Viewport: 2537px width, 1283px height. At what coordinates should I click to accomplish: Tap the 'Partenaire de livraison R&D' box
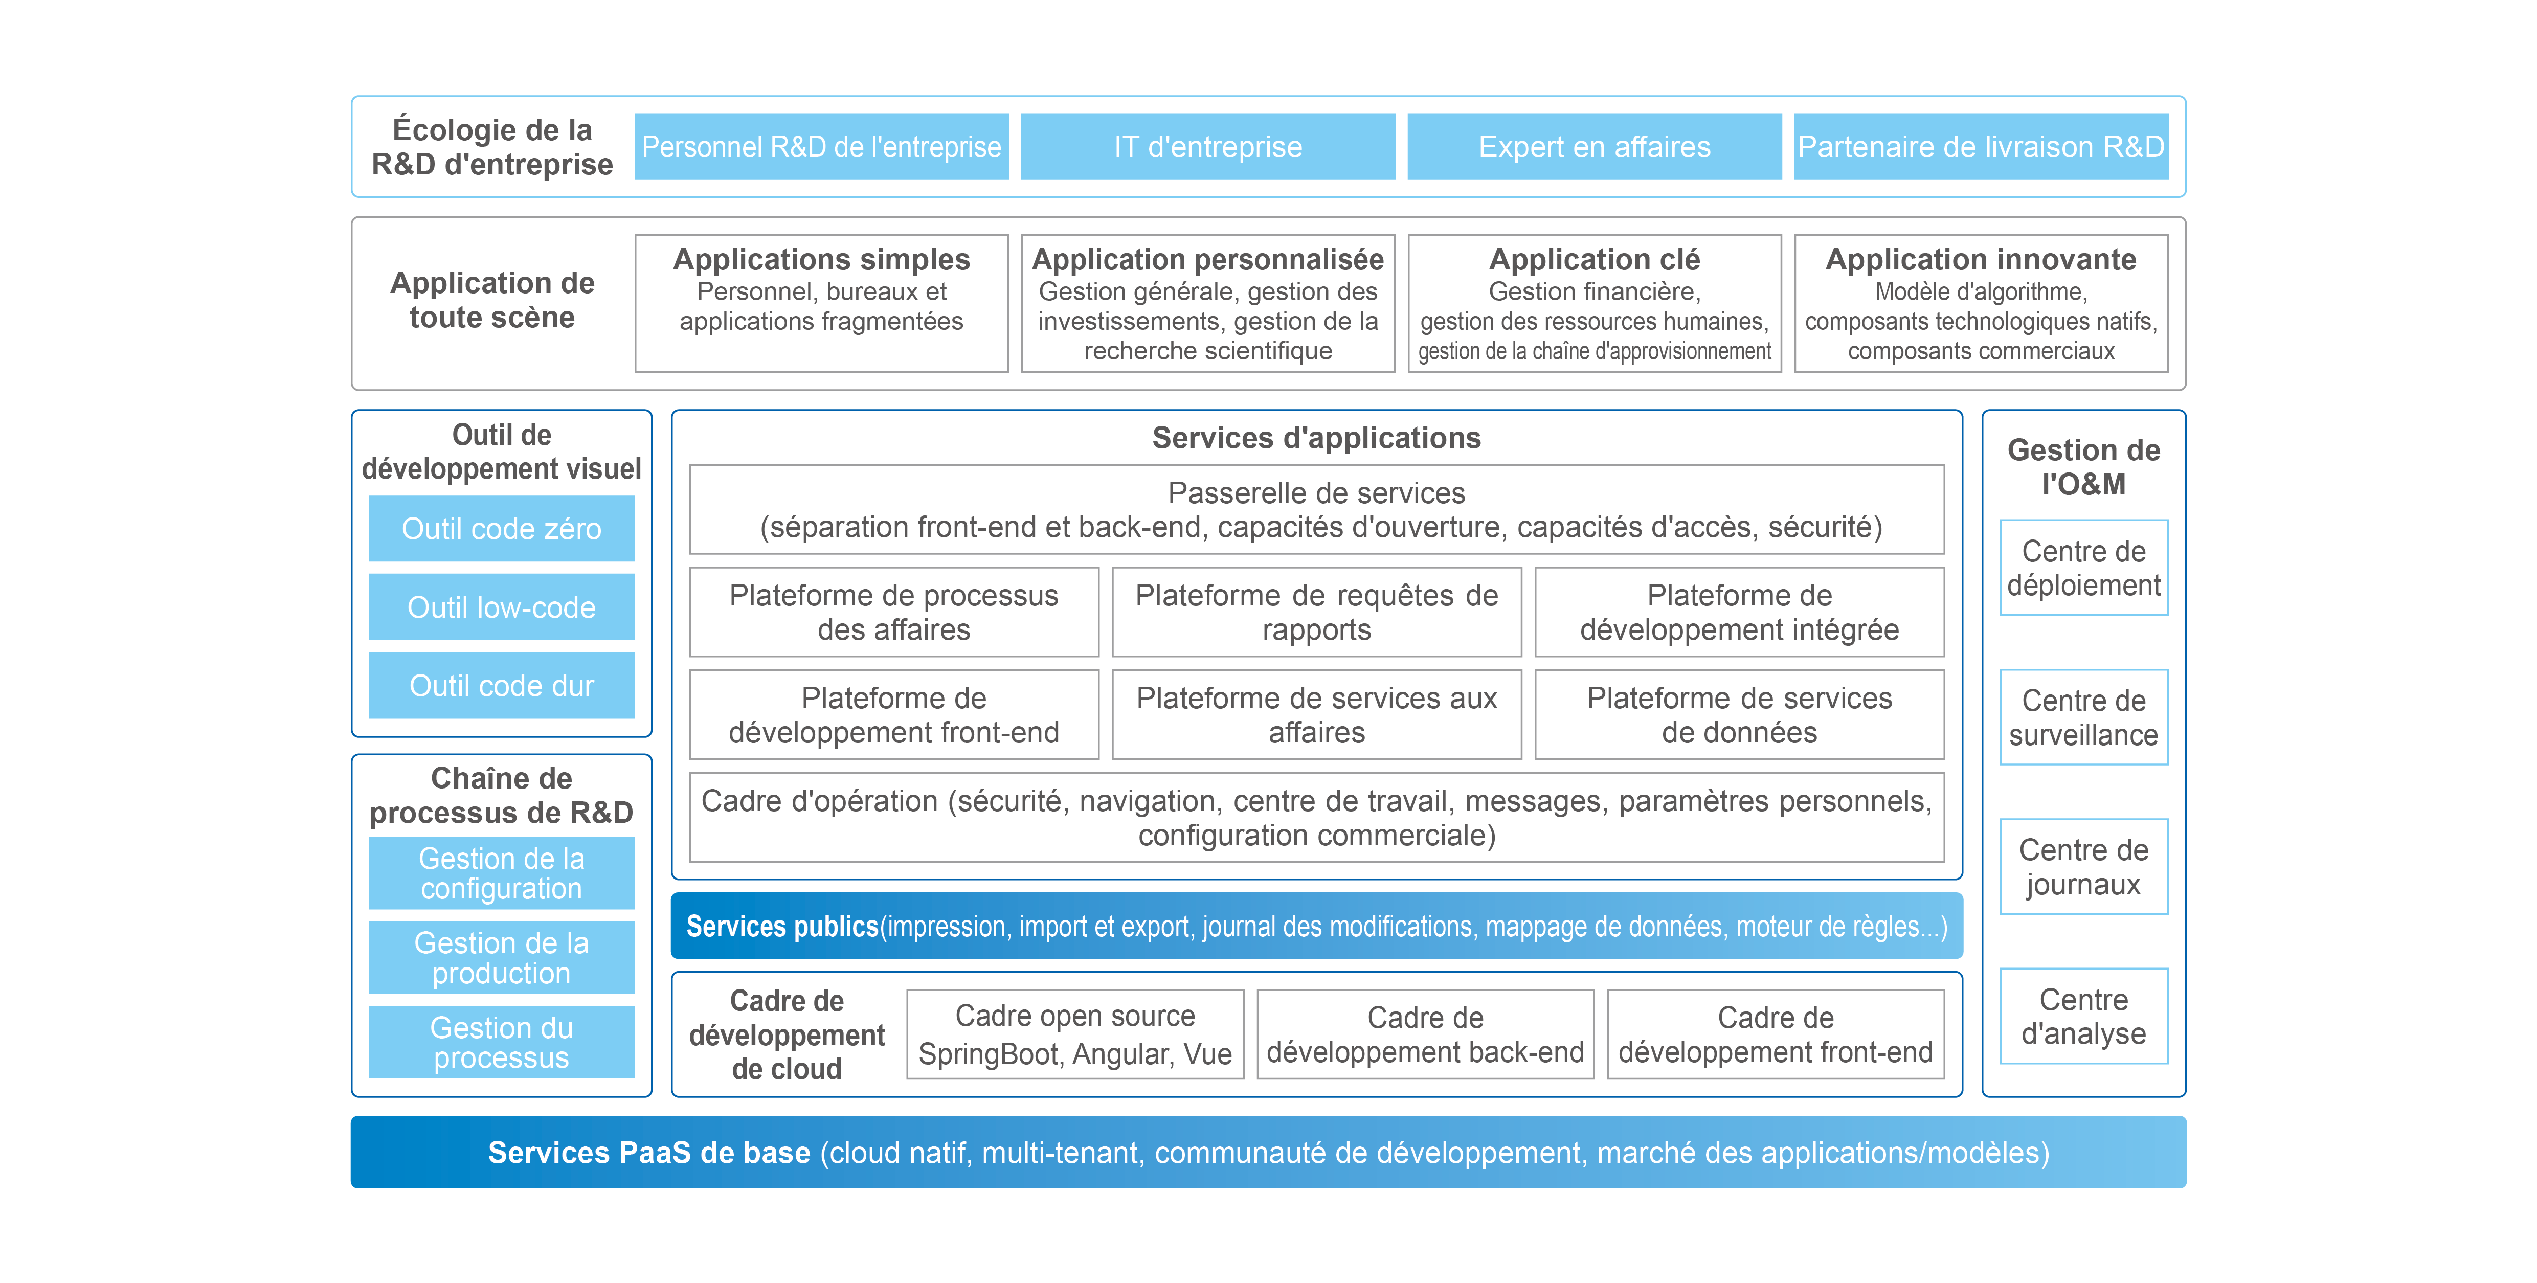click(x=1981, y=147)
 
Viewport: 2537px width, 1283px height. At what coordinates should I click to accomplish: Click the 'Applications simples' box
click(x=821, y=303)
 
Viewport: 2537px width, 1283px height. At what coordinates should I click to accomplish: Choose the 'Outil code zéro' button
click(x=501, y=529)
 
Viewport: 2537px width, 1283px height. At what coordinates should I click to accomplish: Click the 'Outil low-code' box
click(x=501, y=607)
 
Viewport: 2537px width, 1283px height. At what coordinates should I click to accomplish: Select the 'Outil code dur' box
click(x=501, y=685)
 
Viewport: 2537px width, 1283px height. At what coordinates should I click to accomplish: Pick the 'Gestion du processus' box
click(x=501, y=1042)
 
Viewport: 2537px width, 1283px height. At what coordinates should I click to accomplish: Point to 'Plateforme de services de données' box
click(x=1739, y=715)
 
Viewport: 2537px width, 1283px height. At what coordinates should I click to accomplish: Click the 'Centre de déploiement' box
click(x=2083, y=568)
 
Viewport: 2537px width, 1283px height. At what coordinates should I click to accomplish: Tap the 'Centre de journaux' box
click(x=2083, y=866)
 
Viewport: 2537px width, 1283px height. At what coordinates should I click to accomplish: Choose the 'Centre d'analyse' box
click(x=2083, y=1016)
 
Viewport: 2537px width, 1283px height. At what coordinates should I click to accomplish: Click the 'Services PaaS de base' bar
click(x=1268, y=1152)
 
